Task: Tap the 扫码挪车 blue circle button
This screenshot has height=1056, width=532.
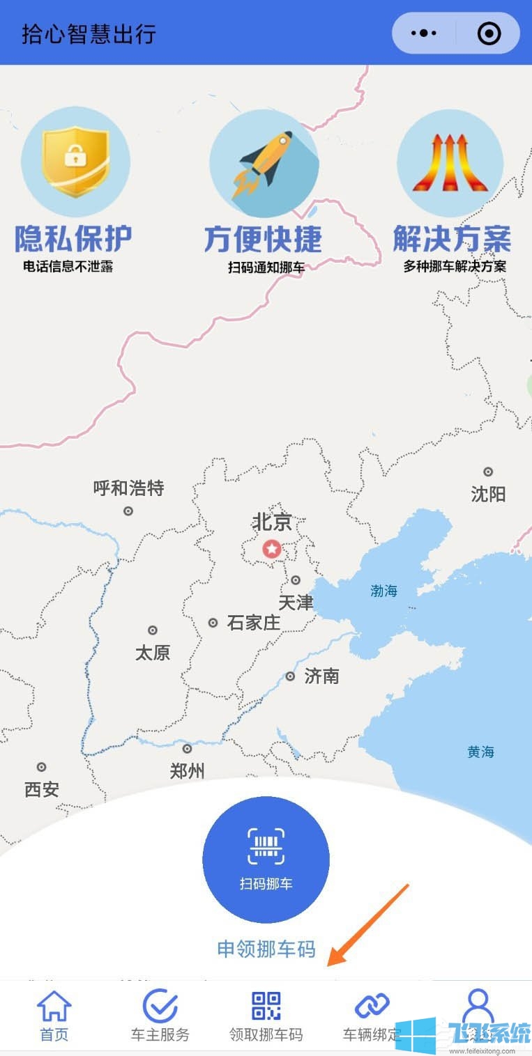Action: pyautogui.click(x=266, y=859)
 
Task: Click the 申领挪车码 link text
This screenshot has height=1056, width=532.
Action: pyautogui.click(x=266, y=949)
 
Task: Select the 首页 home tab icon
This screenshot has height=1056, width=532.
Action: pyautogui.click(x=54, y=1007)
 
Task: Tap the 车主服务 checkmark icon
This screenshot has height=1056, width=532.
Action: pyautogui.click(x=160, y=1007)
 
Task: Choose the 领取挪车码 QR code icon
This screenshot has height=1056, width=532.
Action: pyautogui.click(x=266, y=1007)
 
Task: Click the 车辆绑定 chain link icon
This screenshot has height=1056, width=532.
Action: pyautogui.click(x=372, y=1006)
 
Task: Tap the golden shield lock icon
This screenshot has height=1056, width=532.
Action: pyautogui.click(x=75, y=161)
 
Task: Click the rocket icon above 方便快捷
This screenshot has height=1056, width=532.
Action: pyautogui.click(x=264, y=163)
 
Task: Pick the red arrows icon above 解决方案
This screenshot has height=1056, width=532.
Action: pyautogui.click(x=450, y=163)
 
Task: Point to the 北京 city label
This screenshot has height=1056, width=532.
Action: pyautogui.click(x=272, y=522)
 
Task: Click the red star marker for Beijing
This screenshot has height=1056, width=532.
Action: pyautogui.click(x=271, y=549)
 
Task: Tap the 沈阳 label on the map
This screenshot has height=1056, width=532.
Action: pyautogui.click(x=488, y=495)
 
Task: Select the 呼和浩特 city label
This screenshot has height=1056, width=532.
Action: pyautogui.click(x=129, y=488)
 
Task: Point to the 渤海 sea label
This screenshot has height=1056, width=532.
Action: pyautogui.click(x=384, y=591)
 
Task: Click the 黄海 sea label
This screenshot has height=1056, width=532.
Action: pyautogui.click(x=481, y=752)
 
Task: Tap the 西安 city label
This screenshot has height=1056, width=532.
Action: pyautogui.click(x=42, y=789)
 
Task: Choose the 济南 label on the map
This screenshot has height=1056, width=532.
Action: pyautogui.click(x=321, y=676)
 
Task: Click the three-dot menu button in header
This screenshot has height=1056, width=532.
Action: pyautogui.click(x=424, y=33)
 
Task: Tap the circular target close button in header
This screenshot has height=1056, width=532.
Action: pyautogui.click(x=489, y=33)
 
